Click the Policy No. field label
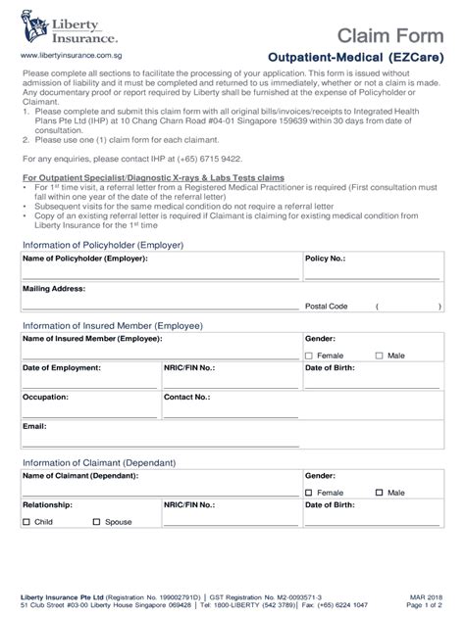click(x=325, y=258)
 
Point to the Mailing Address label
click(x=55, y=290)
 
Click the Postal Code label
click(x=327, y=307)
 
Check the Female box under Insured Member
click(x=309, y=356)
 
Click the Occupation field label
click(x=45, y=398)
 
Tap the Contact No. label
click(x=186, y=398)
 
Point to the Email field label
click(x=34, y=427)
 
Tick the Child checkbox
click(x=26, y=521)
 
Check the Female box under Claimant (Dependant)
click(x=309, y=492)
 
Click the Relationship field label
click(x=48, y=504)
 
